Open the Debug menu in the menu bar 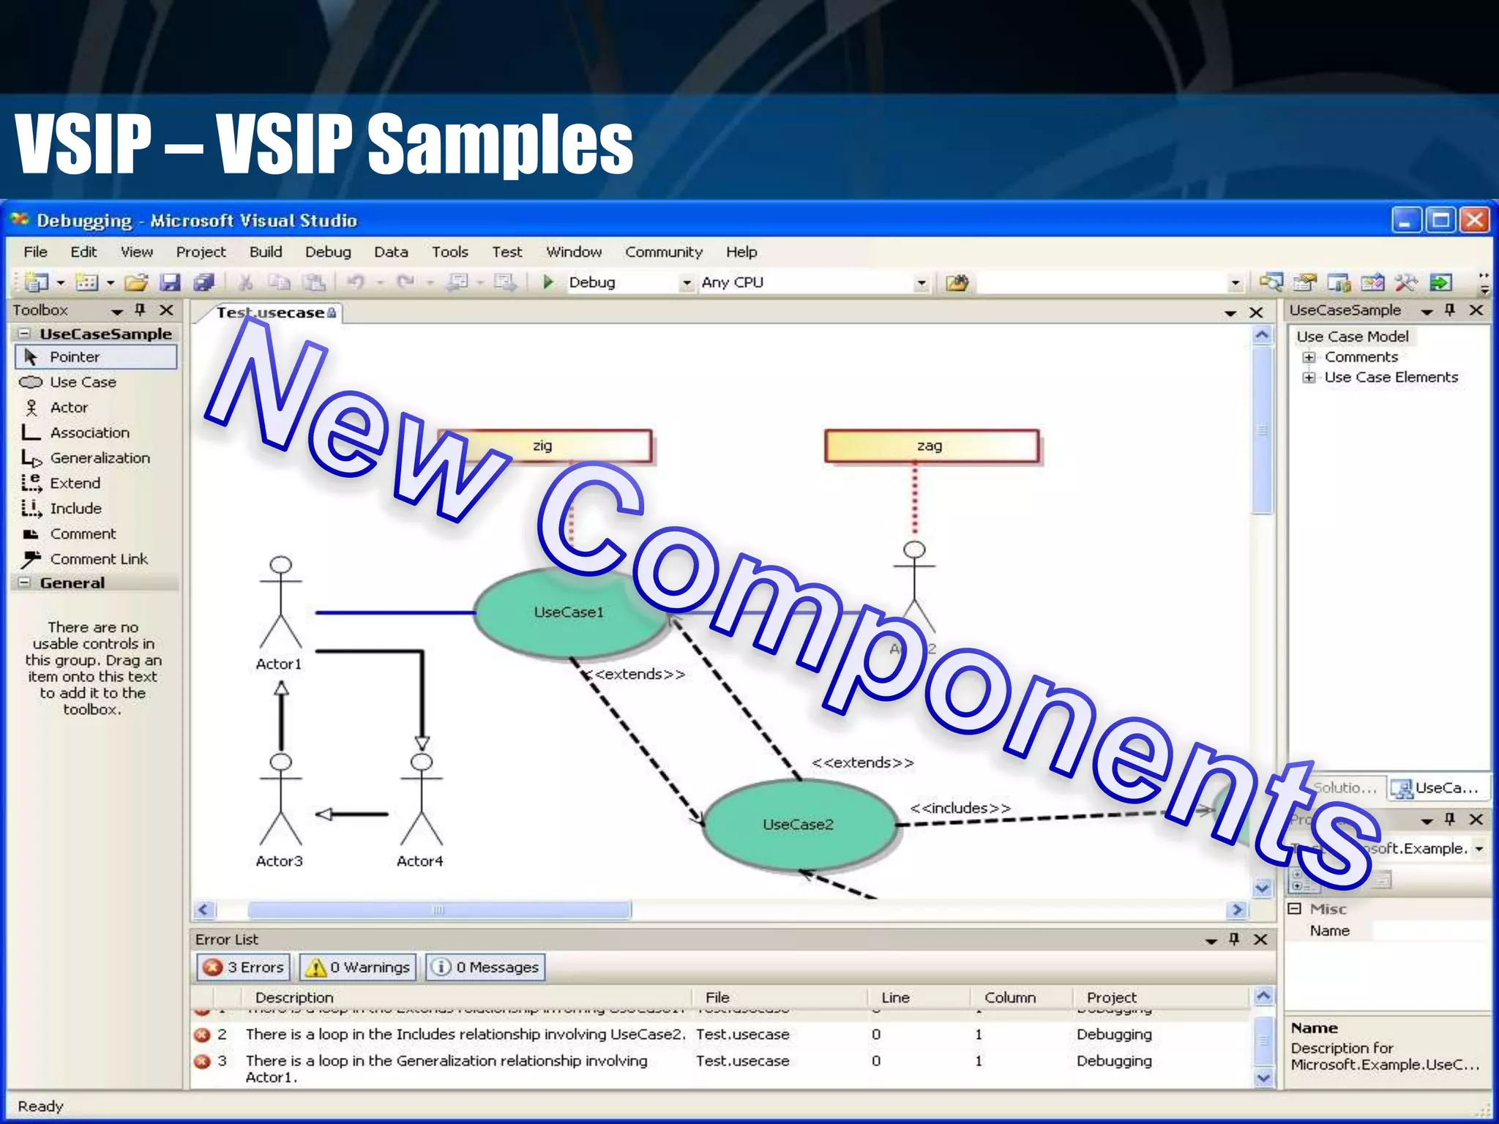coord(328,252)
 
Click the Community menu coord(663,252)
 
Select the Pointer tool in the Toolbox coord(74,357)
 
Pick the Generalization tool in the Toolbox coord(100,458)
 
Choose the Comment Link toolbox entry coord(99,559)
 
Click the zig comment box coord(543,446)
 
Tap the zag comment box coord(930,446)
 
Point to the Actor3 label coord(279,861)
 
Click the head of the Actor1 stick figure coord(281,565)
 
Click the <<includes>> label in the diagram coord(960,808)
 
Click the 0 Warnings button coord(358,967)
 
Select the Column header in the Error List coord(1009,997)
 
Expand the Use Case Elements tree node coord(1309,378)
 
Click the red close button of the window coord(1474,220)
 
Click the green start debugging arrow coord(547,282)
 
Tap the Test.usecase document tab coord(271,312)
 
